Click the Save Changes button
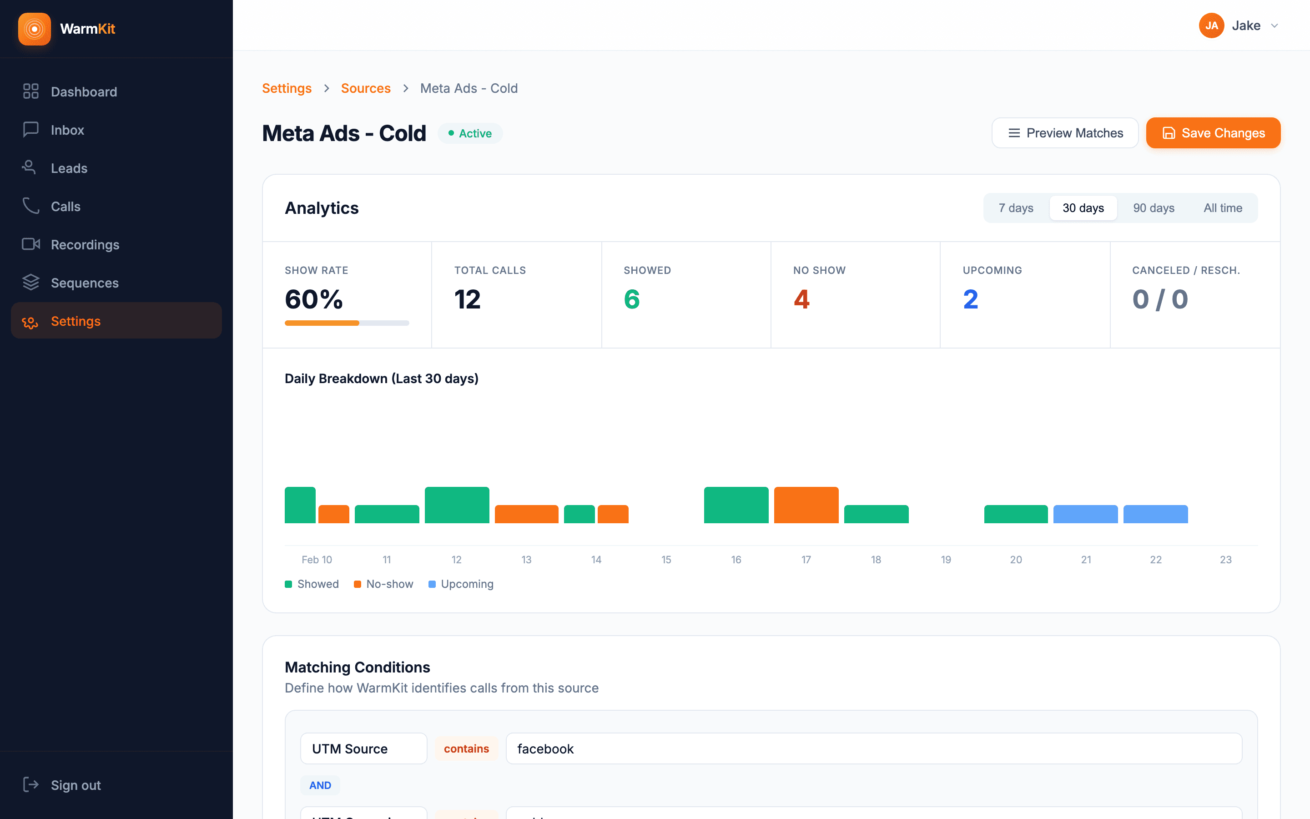click(x=1213, y=133)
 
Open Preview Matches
click(x=1065, y=133)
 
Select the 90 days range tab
click(x=1153, y=208)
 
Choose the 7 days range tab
click(x=1016, y=208)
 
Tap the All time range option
click(x=1222, y=208)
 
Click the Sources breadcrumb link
click(x=365, y=88)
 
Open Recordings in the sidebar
click(x=85, y=245)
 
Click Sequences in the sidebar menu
click(x=85, y=283)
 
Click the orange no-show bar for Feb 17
click(x=806, y=505)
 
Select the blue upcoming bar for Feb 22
click(x=1155, y=514)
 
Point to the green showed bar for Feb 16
click(x=736, y=505)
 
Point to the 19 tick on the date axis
click(x=946, y=560)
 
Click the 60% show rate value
click(x=314, y=299)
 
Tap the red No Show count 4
click(x=801, y=299)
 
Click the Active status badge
click(x=470, y=133)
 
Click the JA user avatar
click(x=1211, y=25)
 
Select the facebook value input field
click(x=873, y=748)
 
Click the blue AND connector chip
click(x=320, y=785)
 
